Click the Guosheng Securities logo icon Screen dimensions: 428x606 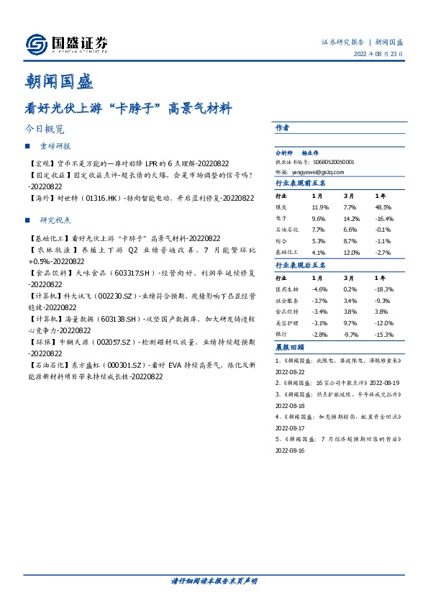click(35, 45)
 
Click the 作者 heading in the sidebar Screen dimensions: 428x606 click(282, 127)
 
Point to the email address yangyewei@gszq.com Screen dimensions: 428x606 click(310, 172)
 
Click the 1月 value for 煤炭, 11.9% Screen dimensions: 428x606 click(319, 207)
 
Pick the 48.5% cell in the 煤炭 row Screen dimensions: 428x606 click(384, 207)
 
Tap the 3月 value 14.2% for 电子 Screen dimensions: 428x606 click(352, 218)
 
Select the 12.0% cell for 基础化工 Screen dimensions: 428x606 click(351, 253)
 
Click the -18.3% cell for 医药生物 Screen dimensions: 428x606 click(385, 288)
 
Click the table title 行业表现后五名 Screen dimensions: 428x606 click(301, 265)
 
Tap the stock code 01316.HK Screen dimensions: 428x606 click(103, 197)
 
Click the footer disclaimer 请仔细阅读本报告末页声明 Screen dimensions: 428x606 click(214, 580)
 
